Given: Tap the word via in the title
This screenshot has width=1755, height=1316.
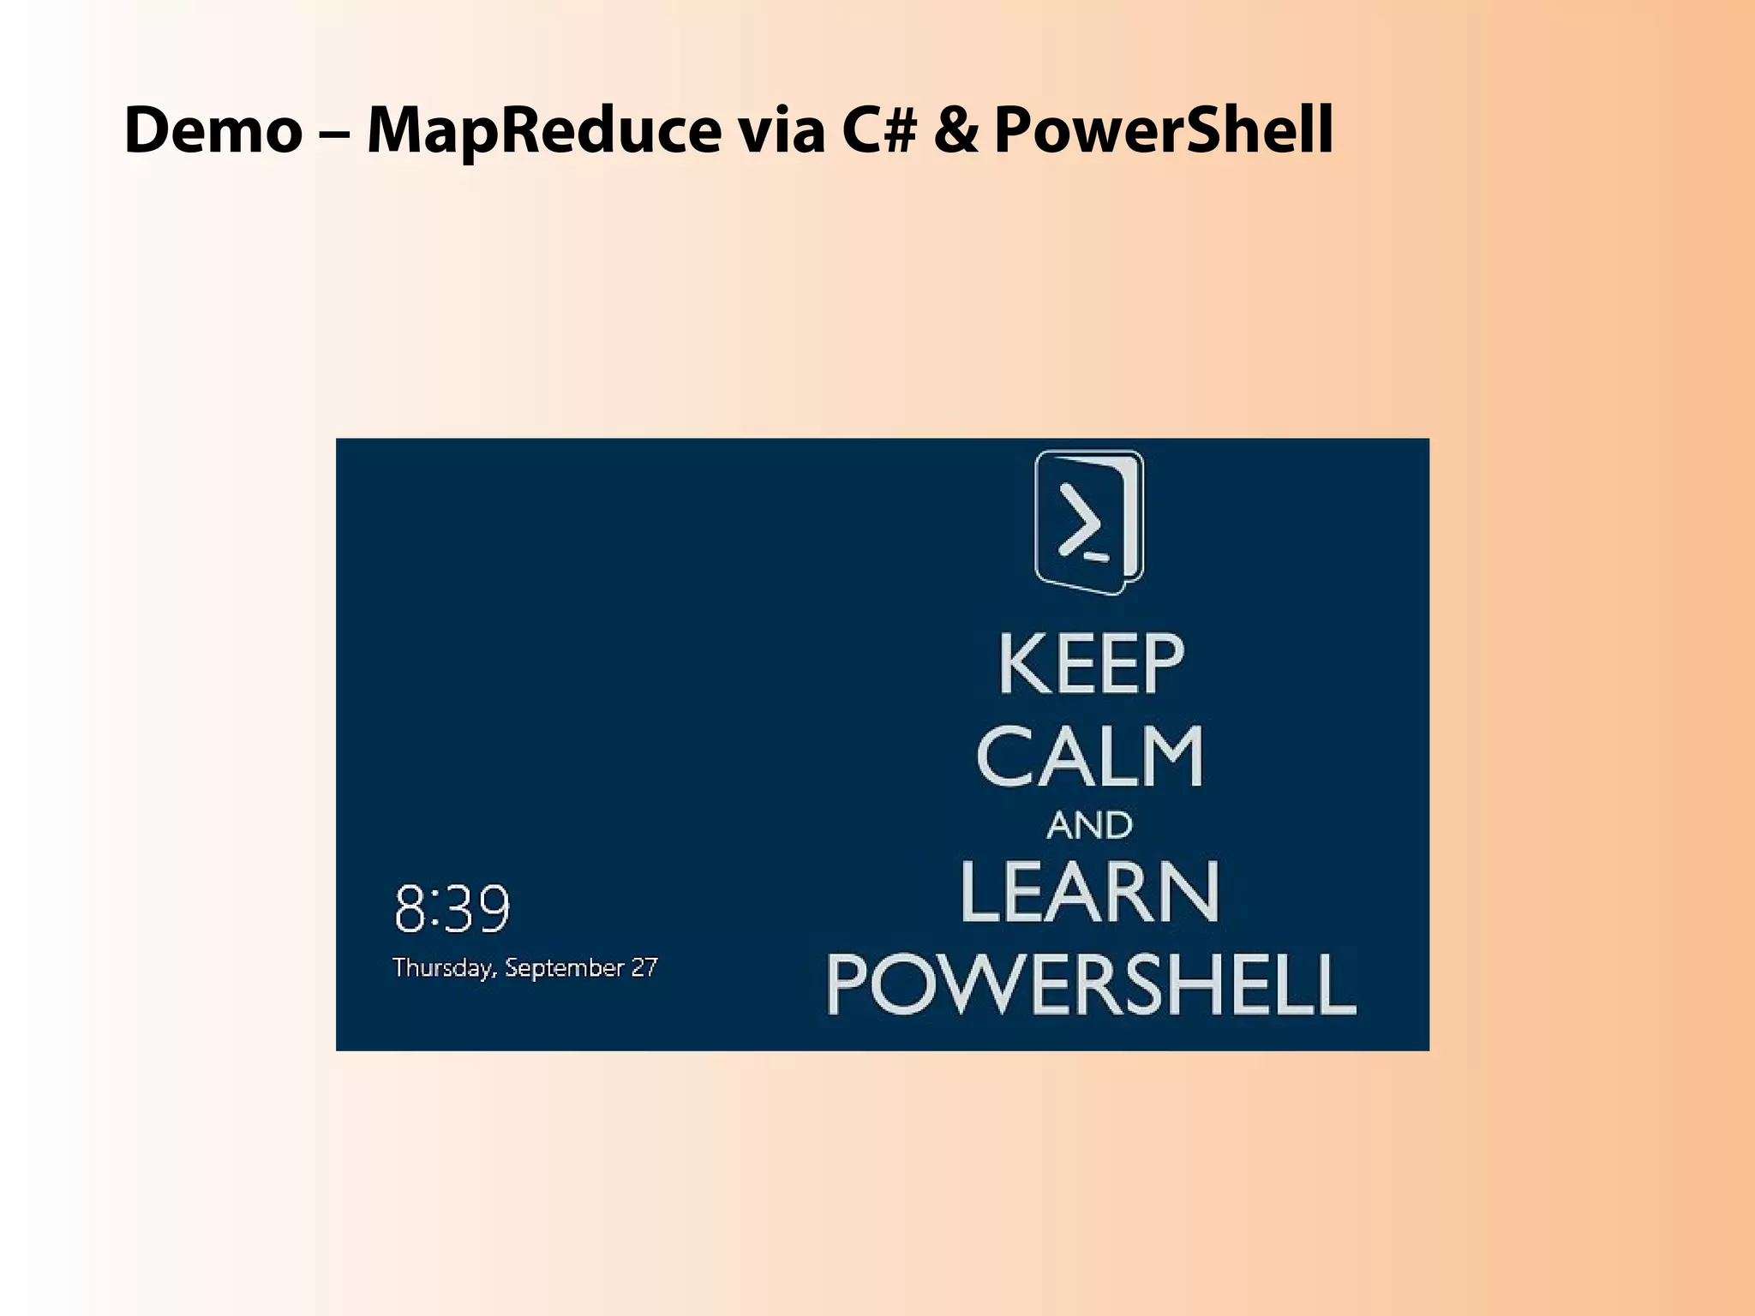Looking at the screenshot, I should click(x=782, y=130).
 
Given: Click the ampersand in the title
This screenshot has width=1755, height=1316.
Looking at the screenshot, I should click(x=955, y=130).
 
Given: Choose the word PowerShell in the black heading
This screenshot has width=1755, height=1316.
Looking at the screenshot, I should click(x=1163, y=130).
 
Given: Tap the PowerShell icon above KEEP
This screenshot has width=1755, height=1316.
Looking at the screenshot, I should click(x=1089, y=523).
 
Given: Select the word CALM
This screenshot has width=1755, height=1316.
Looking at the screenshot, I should click(x=1090, y=757).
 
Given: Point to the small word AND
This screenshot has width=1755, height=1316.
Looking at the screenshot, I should click(x=1089, y=826).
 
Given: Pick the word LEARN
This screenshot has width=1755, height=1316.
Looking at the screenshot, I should click(x=1089, y=893).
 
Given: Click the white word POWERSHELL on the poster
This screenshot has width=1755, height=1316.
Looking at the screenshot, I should click(x=1091, y=984).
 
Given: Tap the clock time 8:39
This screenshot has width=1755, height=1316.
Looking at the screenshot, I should click(x=452, y=909).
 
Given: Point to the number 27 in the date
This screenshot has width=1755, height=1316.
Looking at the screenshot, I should click(x=644, y=967).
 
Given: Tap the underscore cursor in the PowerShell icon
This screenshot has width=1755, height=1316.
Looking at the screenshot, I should click(x=1097, y=557).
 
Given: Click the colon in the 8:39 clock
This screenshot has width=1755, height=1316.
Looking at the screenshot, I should click(x=434, y=911).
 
